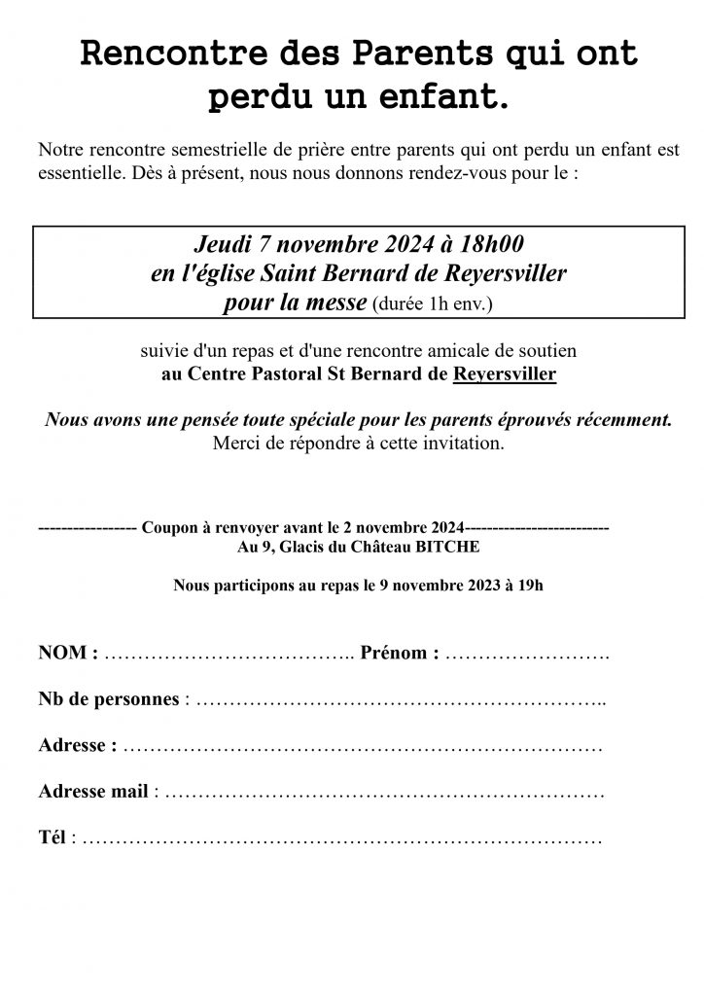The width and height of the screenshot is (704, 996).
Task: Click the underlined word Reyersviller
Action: coord(505,373)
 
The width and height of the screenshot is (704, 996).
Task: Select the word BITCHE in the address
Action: coord(447,547)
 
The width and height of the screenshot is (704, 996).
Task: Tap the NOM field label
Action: coord(67,653)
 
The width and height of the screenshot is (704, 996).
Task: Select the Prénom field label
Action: coord(399,653)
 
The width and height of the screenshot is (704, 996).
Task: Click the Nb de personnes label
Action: coord(109,699)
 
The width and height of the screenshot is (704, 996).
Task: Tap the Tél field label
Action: coord(53,837)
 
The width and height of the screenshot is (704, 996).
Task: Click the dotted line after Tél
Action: coord(340,839)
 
